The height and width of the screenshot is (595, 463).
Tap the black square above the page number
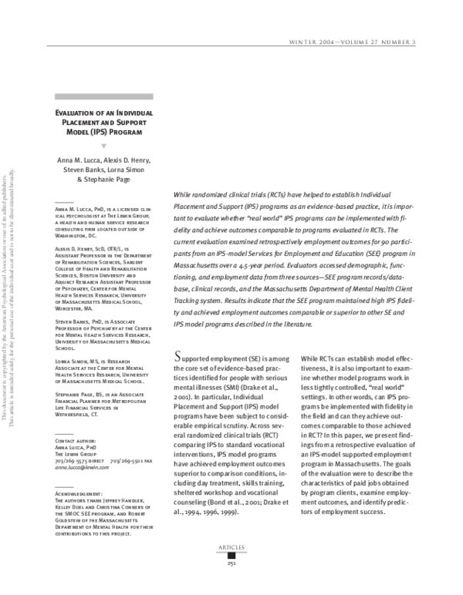point(231,575)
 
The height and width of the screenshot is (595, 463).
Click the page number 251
point(231,584)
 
